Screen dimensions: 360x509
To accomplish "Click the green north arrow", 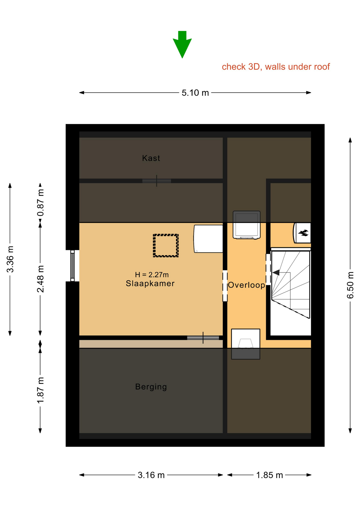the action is tap(182, 44).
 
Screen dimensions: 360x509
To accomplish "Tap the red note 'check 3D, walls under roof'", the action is tap(276, 67).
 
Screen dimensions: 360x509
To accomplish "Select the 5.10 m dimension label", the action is tap(195, 93).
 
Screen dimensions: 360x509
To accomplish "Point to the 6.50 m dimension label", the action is tap(350, 285).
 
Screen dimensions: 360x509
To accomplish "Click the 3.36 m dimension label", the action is tap(10, 259).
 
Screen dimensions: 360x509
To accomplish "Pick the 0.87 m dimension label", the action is tap(40, 203).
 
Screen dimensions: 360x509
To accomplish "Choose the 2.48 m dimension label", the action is tap(40, 279).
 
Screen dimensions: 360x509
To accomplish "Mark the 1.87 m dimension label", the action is tap(40, 390).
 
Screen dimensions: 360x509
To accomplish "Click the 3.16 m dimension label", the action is tap(151, 475).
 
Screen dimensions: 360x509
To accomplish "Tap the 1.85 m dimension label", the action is tap(269, 475).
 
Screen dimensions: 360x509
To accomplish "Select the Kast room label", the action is tap(151, 158).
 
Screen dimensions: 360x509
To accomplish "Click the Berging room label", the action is tap(151, 387).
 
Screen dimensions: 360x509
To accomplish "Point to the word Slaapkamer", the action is tap(150, 283).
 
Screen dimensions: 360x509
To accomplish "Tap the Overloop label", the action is tap(247, 285).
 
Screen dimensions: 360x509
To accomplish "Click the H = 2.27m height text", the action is tap(152, 275).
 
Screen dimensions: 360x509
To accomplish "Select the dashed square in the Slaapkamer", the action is tap(166, 245).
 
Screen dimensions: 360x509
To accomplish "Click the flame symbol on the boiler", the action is tap(303, 233).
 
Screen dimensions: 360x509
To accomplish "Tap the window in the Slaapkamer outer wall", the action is tap(72, 266).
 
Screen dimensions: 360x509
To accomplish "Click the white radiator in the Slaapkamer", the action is tap(208, 239).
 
